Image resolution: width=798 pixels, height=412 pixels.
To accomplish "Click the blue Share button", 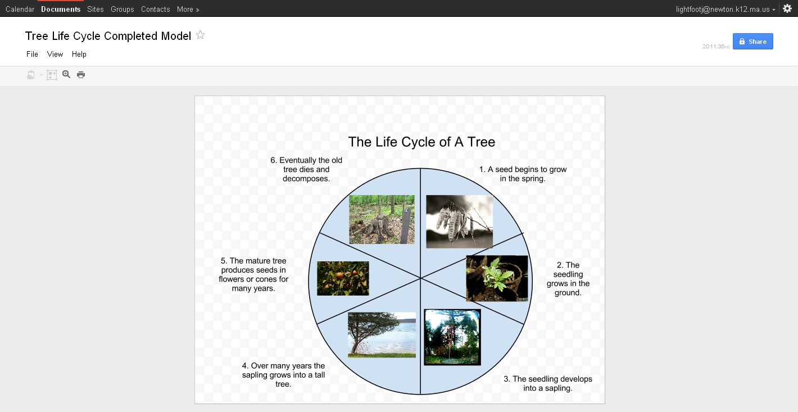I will (752, 42).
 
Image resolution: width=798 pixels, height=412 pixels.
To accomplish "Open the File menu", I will (32, 54).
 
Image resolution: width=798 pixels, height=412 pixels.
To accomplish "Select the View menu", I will (55, 54).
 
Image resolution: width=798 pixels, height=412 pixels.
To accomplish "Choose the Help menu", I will (79, 54).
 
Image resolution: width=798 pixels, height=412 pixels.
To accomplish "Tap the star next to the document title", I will (201, 35).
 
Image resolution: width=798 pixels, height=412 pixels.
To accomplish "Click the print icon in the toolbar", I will (81, 74).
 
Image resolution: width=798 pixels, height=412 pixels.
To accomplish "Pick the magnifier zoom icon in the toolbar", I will (66, 74).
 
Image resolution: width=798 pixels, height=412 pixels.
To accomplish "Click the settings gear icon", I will (787, 8).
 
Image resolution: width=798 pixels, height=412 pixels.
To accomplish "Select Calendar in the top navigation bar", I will (20, 9).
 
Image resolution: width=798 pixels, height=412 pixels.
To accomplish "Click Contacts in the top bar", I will (155, 9).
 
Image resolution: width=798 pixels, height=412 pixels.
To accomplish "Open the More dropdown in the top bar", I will (188, 9).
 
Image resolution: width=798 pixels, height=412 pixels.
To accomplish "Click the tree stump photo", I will (382, 219).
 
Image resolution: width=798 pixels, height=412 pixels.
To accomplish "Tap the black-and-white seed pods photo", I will (459, 221).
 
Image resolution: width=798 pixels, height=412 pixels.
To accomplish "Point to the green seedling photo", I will (497, 278).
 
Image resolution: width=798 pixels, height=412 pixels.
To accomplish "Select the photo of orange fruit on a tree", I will (343, 278).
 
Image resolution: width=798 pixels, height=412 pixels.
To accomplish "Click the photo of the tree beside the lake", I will (382, 334).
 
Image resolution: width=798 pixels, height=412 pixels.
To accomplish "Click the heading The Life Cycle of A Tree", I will (421, 142).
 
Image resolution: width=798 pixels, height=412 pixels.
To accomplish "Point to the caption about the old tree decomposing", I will (306, 169).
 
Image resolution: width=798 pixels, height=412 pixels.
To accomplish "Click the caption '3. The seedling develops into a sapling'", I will (548, 383).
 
